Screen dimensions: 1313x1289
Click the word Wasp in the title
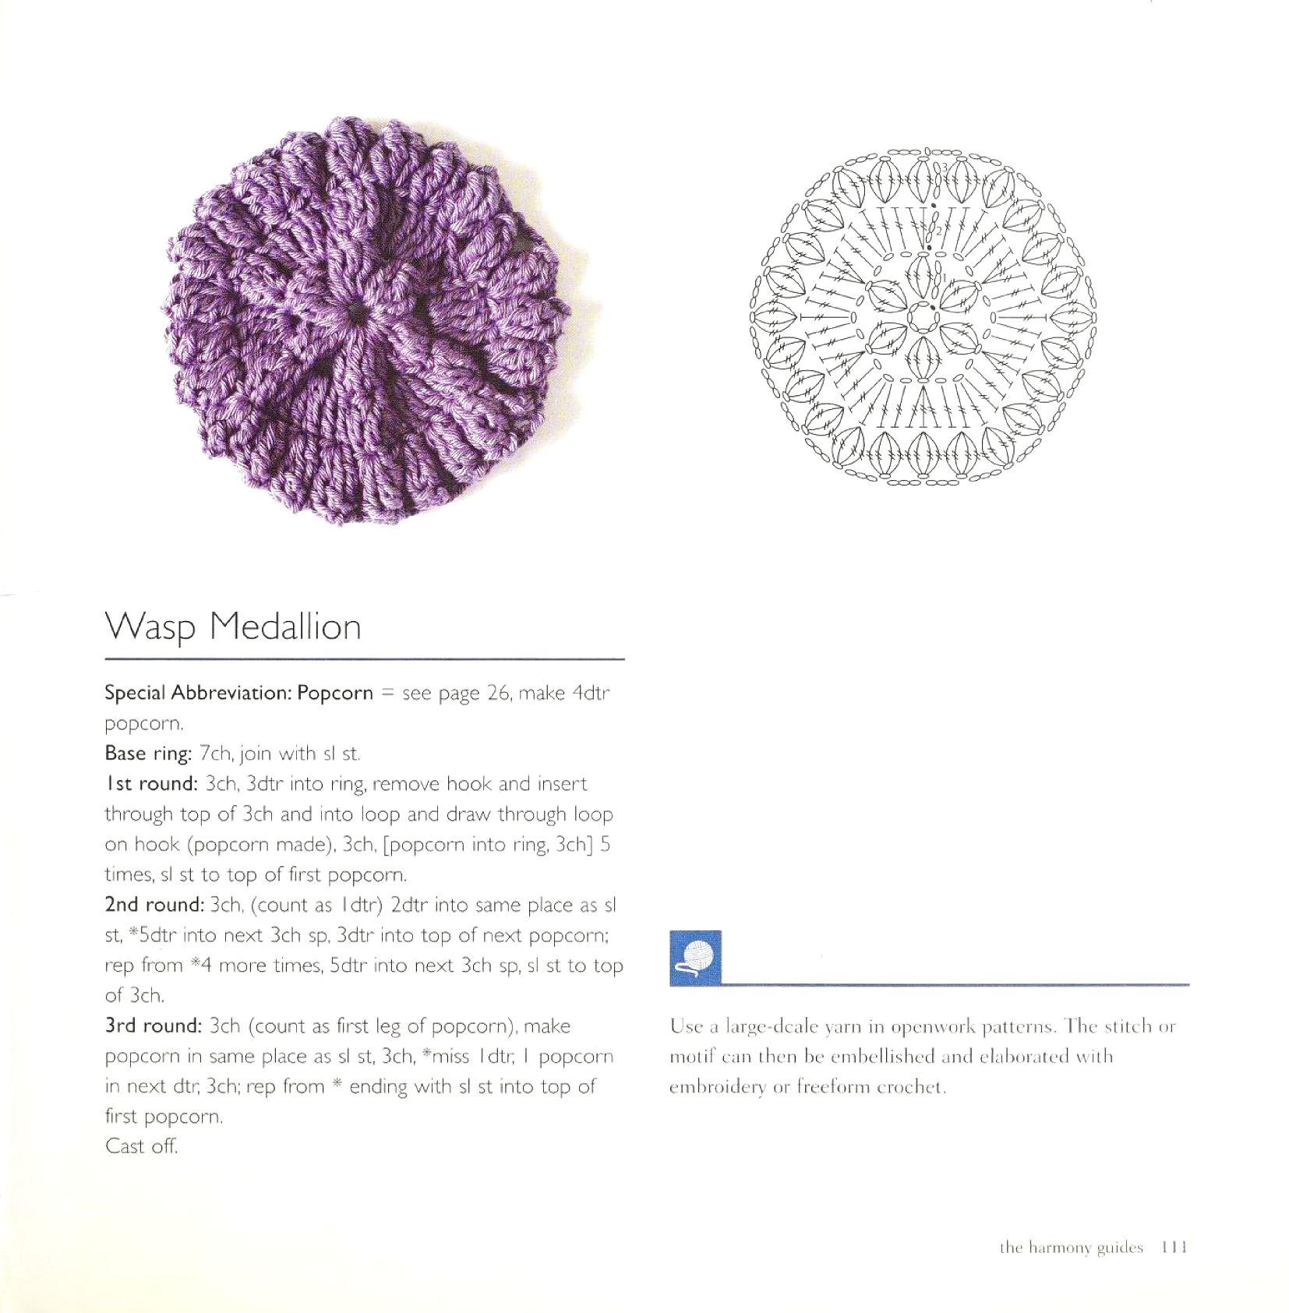(x=150, y=626)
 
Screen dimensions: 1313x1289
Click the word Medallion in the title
(x=286, y=626)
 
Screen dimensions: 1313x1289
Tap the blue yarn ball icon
(x=695, y=957)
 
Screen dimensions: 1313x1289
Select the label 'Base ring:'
(x=148, y=754)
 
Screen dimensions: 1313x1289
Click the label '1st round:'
(x=151, y=784)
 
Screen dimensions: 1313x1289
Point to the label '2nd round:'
(x=154, y=905)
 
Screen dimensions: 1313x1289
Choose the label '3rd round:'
(x=154, y=1026)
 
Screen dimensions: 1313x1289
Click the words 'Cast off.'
(x=141, y=1146)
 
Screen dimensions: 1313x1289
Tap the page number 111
(x=1173, y=1248)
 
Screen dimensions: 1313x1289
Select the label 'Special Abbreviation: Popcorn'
(x=238, y=693)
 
